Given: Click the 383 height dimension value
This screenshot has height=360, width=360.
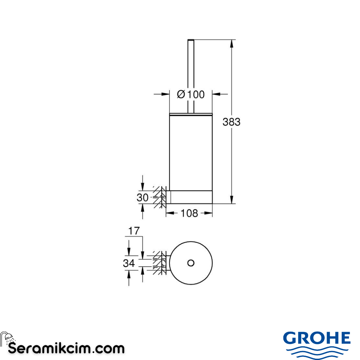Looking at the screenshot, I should [x=231, y=122].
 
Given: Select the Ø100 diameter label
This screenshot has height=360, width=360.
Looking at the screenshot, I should [x=191, y=95].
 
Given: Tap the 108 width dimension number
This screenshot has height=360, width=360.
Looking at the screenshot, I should [x=189, y=213].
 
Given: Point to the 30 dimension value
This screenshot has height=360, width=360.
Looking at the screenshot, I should [x=142, y=198].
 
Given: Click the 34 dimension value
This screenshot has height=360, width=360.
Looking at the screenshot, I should [x=129, y=263].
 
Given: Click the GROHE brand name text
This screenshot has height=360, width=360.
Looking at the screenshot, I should [x=317, y=339].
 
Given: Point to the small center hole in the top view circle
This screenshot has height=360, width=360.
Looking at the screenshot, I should [x=191, y=263].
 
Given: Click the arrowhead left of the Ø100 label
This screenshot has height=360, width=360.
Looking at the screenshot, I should [x=166, y=95].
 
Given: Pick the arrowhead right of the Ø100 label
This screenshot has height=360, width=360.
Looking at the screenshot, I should [x=216, y=95].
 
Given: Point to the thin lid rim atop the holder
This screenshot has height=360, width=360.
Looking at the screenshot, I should [x=191, y=114].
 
